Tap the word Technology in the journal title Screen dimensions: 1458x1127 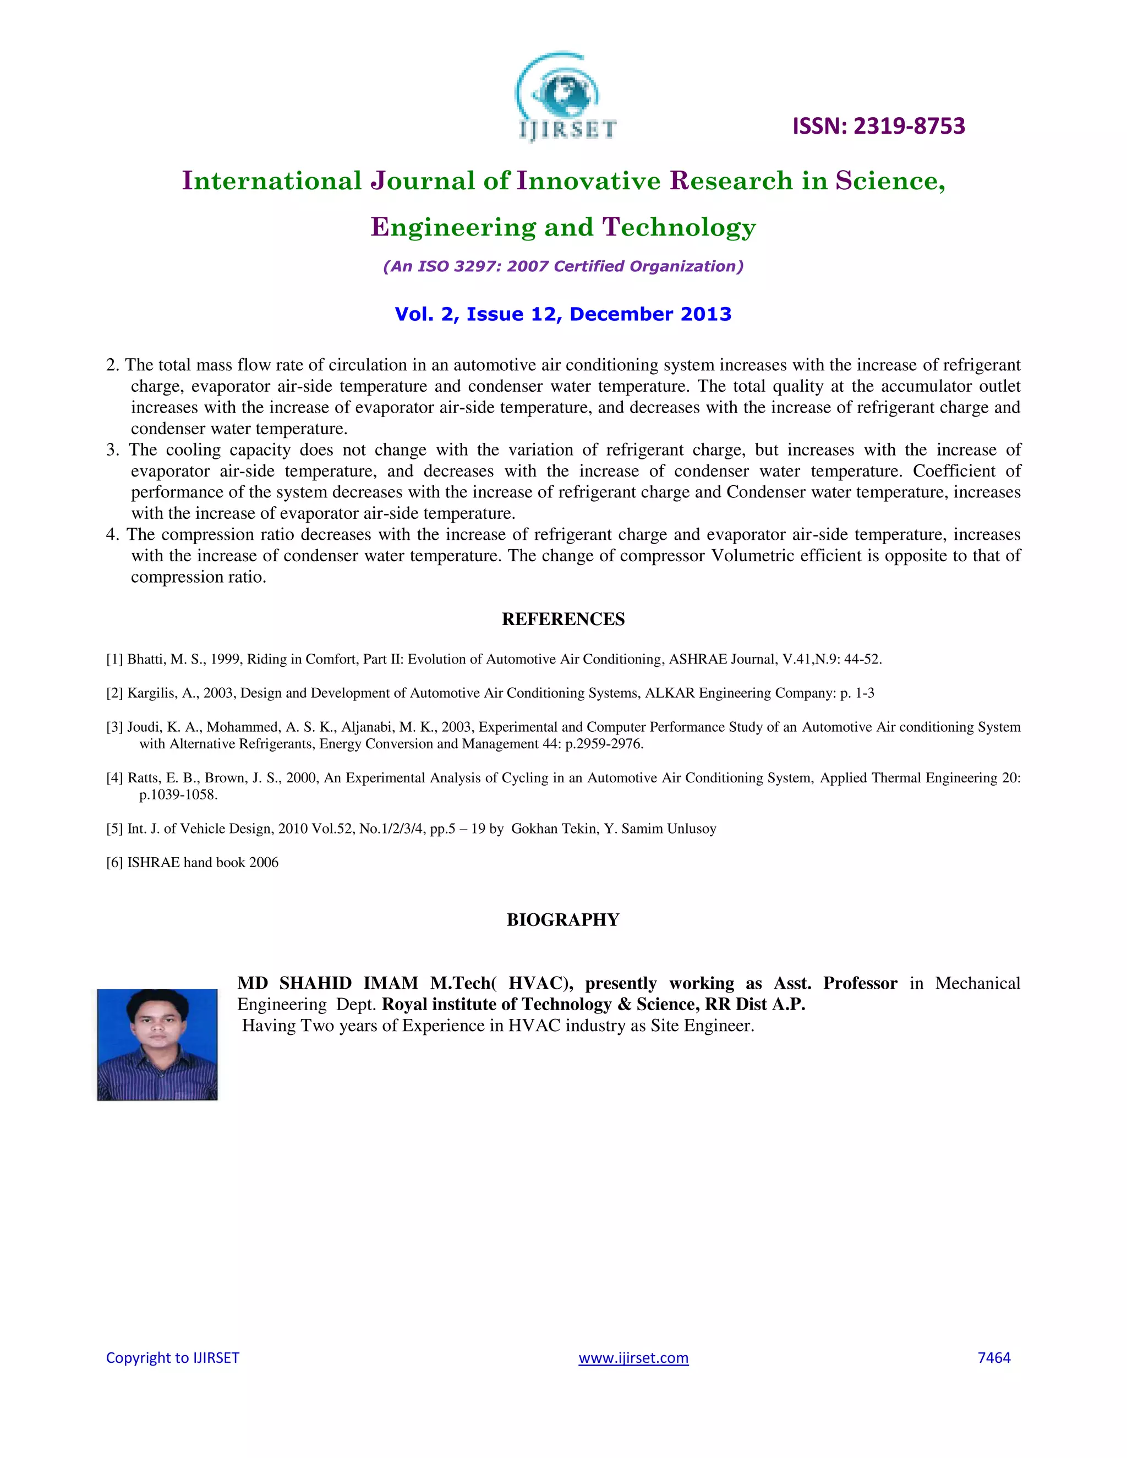679,228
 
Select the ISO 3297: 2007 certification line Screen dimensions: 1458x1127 563,266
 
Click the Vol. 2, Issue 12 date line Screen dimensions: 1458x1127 563,314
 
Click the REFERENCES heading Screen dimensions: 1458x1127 563,620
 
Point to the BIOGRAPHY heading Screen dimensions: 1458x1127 563,920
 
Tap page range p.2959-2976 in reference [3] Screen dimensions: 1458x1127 604,744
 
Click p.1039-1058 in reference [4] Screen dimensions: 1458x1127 178,795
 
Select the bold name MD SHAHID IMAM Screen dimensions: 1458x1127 327,983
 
